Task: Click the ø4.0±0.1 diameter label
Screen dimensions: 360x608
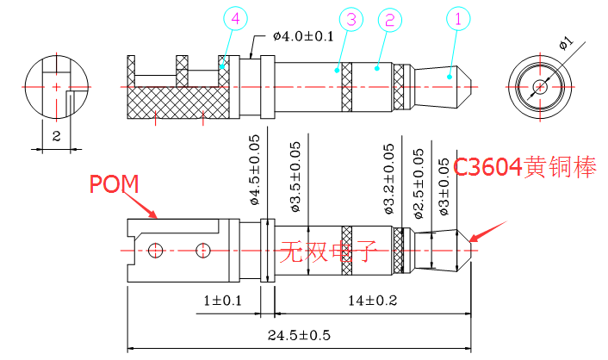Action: pos(303,35)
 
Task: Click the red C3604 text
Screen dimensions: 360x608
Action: pos(488,167)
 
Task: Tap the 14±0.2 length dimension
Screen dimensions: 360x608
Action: pos(373,301)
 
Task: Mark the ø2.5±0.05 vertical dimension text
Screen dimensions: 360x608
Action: pos(419,183)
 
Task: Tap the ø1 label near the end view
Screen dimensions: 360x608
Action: pos(565,40)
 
